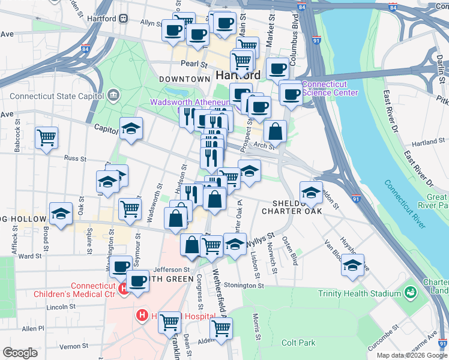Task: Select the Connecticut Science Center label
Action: click(x=330, y=88)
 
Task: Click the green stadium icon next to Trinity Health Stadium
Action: click(x=411, y=293)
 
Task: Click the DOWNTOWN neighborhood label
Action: click(x=184, y=79)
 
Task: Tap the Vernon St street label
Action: click(x=74, y=346)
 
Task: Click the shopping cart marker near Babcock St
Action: click(x=46, y=138)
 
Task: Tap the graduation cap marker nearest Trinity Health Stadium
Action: click(x=352, y=265)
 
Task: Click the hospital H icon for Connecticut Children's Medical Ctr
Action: click(x=124, y=289)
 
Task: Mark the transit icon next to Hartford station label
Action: click(x=124, y=18)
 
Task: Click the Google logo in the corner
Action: click(x=20, y=353)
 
